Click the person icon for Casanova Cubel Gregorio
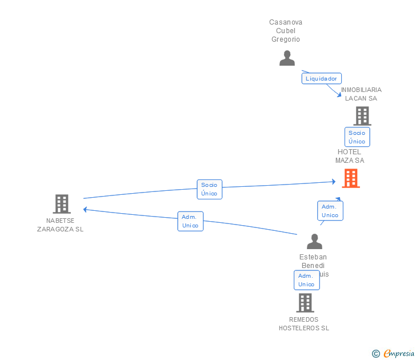287,58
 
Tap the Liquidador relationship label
322,78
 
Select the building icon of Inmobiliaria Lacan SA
362,116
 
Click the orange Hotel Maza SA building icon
351,178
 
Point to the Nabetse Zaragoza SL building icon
61,204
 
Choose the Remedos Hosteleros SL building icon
305,302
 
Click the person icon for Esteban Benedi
314,242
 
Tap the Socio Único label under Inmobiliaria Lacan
357,137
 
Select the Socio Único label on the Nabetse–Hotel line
209,189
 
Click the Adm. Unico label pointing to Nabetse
190,221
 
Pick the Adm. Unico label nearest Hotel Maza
330,211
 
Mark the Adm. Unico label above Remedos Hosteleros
306,280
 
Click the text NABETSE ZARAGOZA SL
60,225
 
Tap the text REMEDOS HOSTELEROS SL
304,324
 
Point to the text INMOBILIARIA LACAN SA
361,94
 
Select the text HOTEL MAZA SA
350,156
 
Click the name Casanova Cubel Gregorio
286,31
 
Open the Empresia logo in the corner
399,354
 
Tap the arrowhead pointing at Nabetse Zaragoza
85,209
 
